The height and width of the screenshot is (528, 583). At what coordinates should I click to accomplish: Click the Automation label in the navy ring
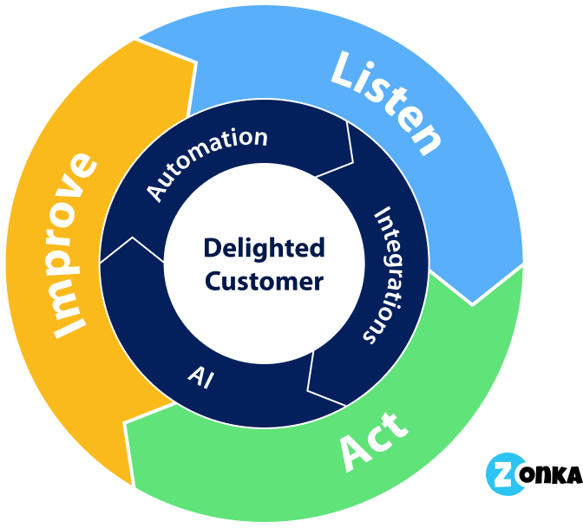(206, 163)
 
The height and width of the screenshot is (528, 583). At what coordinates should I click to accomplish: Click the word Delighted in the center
(263, 249)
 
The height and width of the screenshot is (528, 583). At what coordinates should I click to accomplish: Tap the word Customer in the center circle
(265, 282)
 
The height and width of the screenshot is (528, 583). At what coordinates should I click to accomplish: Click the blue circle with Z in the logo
(503, 473)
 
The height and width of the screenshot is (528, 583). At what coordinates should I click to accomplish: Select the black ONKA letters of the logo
(551, 475)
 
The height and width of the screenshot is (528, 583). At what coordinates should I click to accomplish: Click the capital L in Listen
(346, 70)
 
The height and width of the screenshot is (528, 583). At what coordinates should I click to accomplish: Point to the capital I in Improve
(69, 329)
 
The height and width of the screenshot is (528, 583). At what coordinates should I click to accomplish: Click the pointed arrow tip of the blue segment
(472, 303)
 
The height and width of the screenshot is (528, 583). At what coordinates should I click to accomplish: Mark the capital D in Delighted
(212, 249)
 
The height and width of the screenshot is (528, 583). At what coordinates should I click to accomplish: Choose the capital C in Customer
(214, 282)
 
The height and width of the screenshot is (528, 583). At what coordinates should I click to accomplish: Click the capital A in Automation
(155, 193)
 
